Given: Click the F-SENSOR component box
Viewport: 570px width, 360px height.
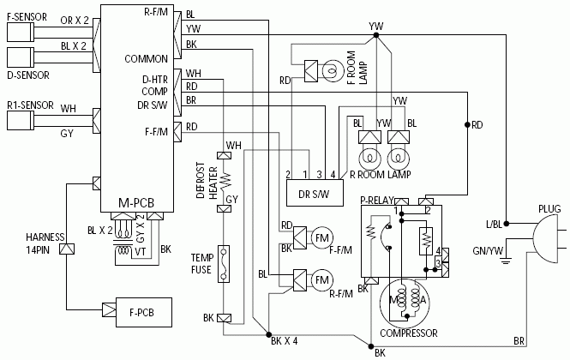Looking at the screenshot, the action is [21, 32].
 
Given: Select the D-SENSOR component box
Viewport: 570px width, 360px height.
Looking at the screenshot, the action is [21, 57].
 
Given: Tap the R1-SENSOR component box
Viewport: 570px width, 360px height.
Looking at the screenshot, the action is [21, 120].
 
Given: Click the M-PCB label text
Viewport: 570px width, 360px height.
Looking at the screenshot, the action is [136, 203].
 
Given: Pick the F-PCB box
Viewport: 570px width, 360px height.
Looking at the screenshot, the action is [144, 312].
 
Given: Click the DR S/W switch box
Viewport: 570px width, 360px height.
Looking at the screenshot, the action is [315, 193].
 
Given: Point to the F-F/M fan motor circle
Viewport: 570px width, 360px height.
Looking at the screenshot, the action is [322, 238].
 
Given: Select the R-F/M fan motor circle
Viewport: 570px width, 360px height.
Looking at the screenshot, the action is [322, 280].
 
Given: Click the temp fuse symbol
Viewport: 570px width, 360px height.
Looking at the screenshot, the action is [224, 264].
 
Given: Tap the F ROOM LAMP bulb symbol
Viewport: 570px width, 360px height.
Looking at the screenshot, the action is [333, 71].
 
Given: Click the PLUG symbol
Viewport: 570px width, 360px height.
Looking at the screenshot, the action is [545, 238].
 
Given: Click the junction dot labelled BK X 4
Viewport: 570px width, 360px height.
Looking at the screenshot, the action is [268, 334].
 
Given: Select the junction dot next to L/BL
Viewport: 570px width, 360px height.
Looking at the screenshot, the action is [506, 224].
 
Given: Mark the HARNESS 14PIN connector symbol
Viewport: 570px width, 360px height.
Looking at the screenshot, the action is [67, 249].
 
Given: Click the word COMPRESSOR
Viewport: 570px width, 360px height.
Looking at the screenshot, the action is [409, 333].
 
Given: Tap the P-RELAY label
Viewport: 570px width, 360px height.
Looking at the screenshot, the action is [377, 201].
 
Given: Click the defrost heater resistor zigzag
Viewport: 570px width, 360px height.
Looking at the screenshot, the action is [226, 180].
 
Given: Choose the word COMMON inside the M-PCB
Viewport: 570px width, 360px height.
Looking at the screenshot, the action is [146, 59].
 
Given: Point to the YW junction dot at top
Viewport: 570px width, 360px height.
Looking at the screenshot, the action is [376, 35].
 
